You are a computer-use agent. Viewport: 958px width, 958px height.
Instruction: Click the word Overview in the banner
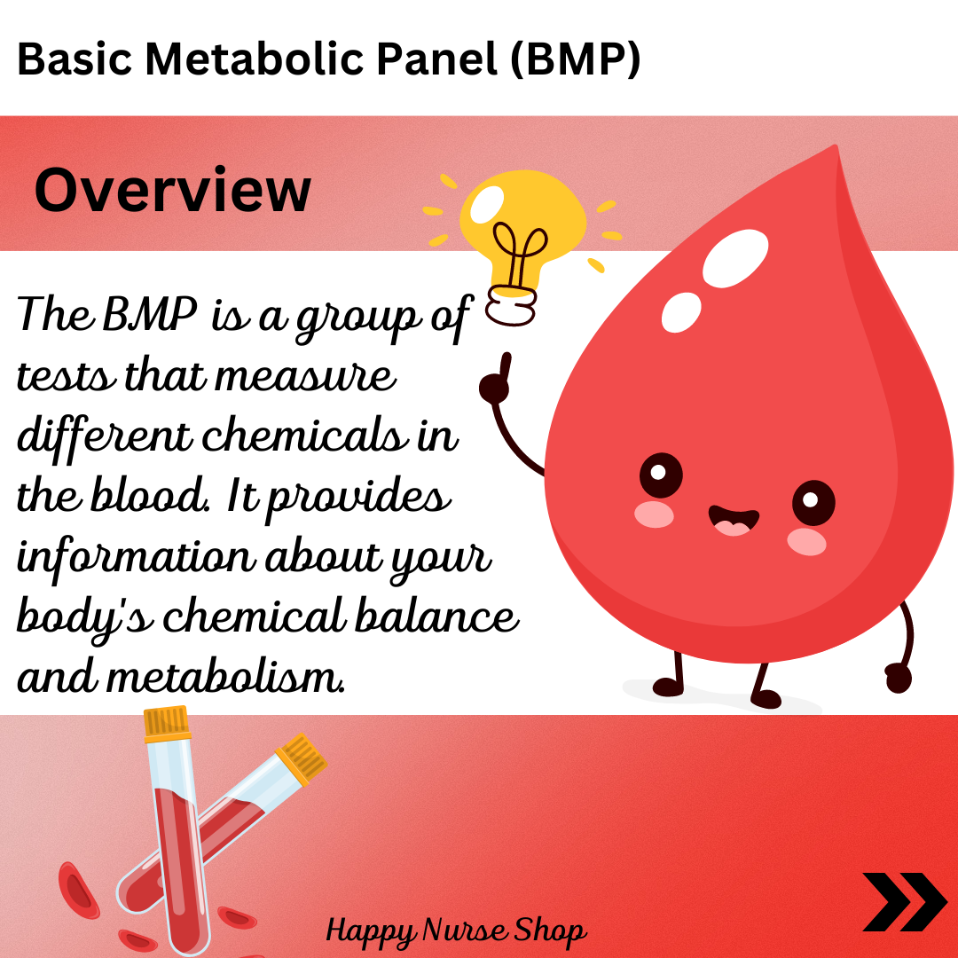(173, 190)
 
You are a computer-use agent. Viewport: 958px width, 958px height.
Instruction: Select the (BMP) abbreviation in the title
(575, 60)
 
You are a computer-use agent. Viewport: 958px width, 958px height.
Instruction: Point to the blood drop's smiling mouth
(734, 520)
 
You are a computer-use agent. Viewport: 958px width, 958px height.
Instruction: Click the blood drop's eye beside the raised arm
(661, 475)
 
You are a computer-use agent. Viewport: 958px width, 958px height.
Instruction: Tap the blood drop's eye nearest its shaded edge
(813, 502)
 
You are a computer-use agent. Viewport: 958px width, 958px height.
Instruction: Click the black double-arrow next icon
(904, 901)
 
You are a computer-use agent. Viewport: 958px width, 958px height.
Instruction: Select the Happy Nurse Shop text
(456, 931)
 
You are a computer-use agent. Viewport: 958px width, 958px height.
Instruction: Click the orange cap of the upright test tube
(166, 722)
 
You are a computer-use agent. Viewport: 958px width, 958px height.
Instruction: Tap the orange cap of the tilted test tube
(302, 758)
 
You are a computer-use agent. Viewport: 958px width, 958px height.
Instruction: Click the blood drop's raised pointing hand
(496, 380)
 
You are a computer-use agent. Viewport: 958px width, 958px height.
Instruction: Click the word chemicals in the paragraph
(303, 434)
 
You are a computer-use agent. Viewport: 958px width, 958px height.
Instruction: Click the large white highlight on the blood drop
(735, 258)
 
